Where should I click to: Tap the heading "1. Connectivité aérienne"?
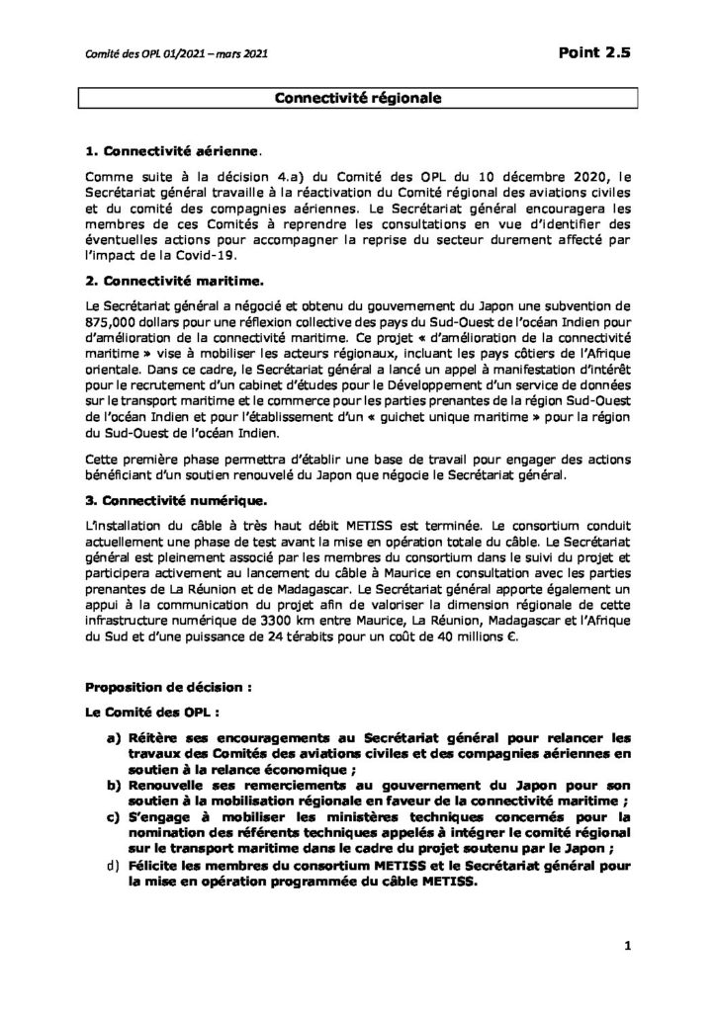tap(172, 152)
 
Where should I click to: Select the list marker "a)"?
tap(115, 736)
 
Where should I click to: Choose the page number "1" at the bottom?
tap(627, 947)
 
